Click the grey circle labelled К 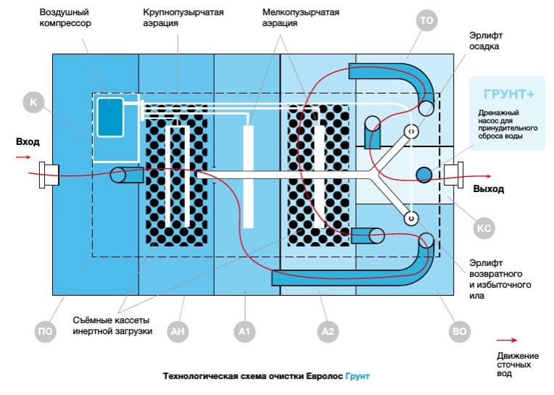click(x=33, y=102)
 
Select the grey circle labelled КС click(x=484, y=229)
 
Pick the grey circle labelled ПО click(x=45, y=332)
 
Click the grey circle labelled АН click(x=177, y=332)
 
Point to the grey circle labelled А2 click(x=328, y=332)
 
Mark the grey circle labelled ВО click(x=459, y=332)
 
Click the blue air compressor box click(x=111, y=115)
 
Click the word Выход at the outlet click(x=488, y=190)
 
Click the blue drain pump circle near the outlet click(x=423, y=174)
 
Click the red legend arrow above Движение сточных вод click(x=507, y=339)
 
